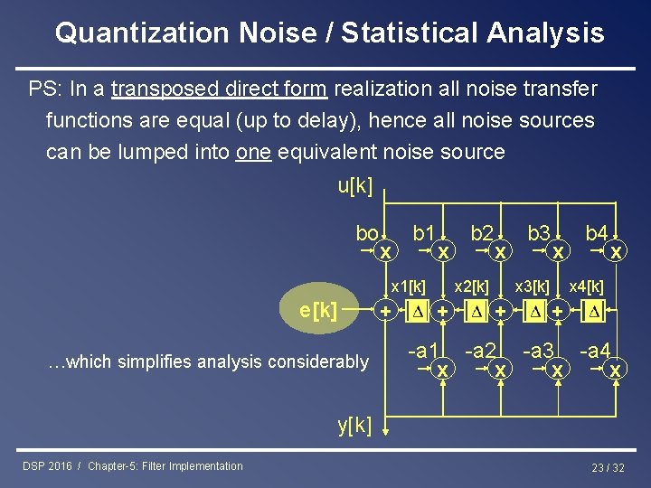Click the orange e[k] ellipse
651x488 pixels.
pos(317,311)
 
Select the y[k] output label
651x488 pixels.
pos(354,426)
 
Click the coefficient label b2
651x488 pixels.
pos(481,233)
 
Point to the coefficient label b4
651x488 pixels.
pos(596,233)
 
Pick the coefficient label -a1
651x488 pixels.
pos(423,350)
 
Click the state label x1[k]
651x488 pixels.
pos(407,286)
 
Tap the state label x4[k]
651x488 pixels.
pos(586,286)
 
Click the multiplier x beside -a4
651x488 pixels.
pos(616,371)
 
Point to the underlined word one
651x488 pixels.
pos(253,152)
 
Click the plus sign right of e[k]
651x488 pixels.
pos(386,311)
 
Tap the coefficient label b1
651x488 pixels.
pos(424,233)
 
